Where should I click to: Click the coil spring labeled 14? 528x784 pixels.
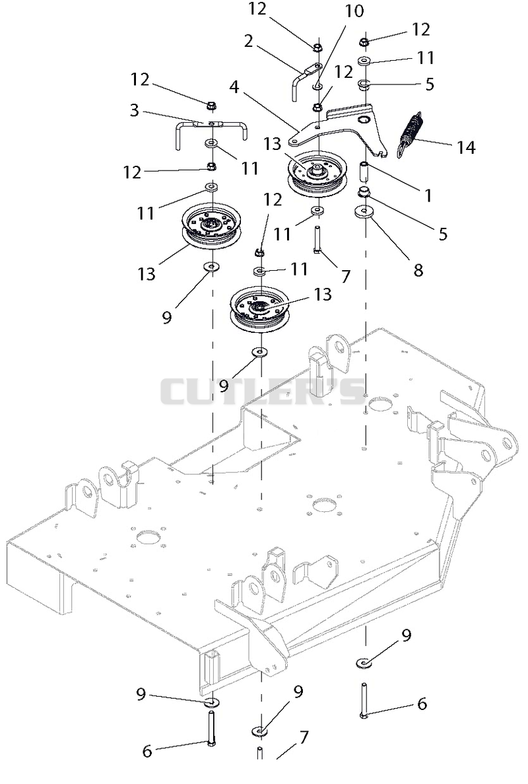pos(410,134)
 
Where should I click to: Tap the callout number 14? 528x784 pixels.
pos(465,147)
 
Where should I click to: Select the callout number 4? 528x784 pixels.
pos(234,87)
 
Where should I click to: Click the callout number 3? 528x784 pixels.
pos(135,110)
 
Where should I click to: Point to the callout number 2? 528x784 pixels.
pos(249,41)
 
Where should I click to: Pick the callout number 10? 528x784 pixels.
pos(354,11)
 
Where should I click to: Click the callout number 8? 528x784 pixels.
pos(418,270)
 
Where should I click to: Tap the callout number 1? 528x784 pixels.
pos(428,195)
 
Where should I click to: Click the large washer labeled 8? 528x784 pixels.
pos(365,211)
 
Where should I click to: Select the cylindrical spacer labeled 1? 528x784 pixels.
pos(364,172)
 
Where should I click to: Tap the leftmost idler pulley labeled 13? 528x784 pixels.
pos(212,226)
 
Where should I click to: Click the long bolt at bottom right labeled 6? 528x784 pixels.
pos(364,700)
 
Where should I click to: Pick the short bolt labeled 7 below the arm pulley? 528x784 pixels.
pos(317,240)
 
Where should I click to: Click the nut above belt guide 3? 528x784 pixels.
pos(211,106)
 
